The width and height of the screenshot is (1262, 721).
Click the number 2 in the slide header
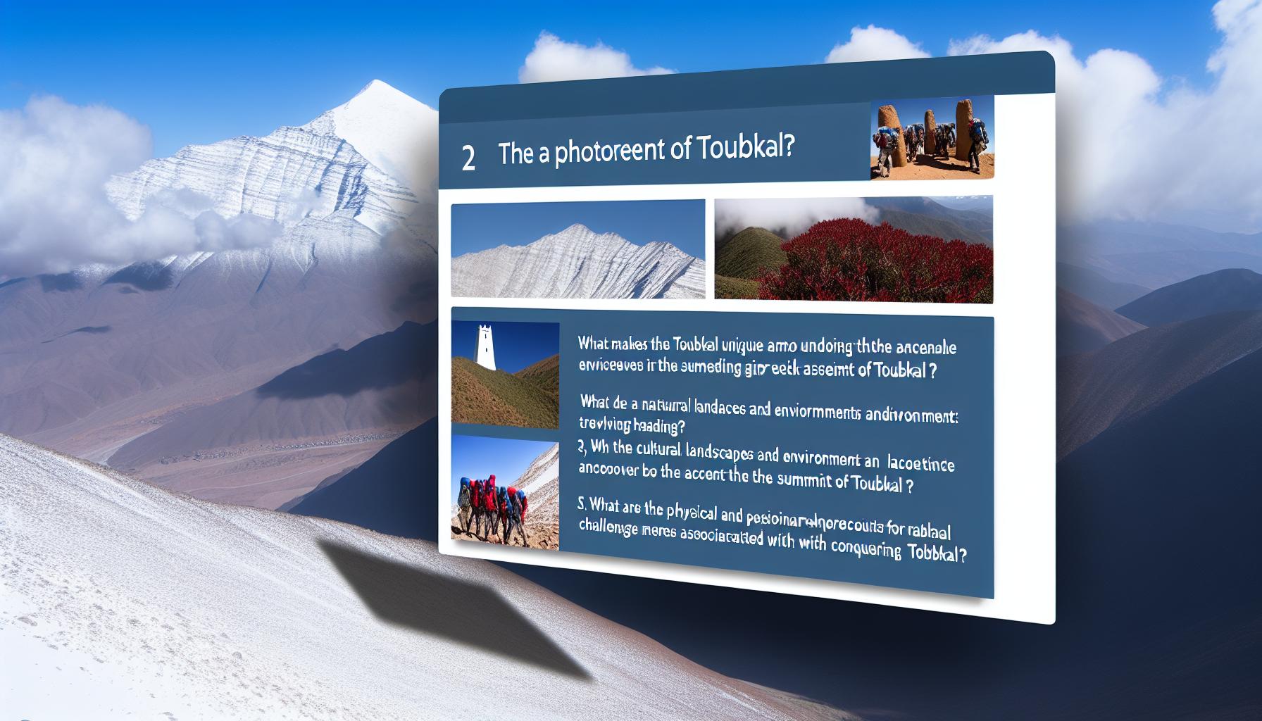[468, 158]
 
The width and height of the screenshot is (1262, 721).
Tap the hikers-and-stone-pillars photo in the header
[932, 138]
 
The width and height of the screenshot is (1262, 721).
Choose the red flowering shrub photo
[854, 249]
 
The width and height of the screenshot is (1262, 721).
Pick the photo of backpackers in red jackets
[504, 492]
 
